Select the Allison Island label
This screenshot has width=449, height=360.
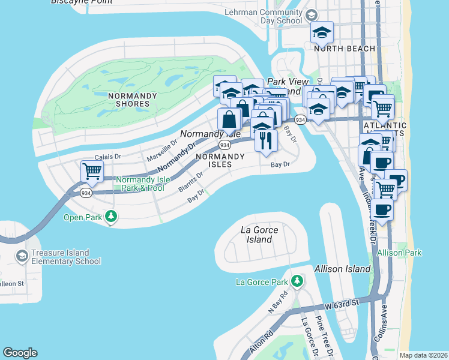pos(342,269)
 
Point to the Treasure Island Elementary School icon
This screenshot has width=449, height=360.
pos(22,257)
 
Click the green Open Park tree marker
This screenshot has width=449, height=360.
pos(110,216)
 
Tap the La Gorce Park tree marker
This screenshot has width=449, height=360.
pos(297,281)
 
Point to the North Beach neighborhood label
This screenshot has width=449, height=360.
pos(345,49)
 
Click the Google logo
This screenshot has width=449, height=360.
pos(20,353)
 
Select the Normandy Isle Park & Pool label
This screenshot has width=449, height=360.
pos(140,184)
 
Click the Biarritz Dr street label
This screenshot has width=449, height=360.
pos(191,181)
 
